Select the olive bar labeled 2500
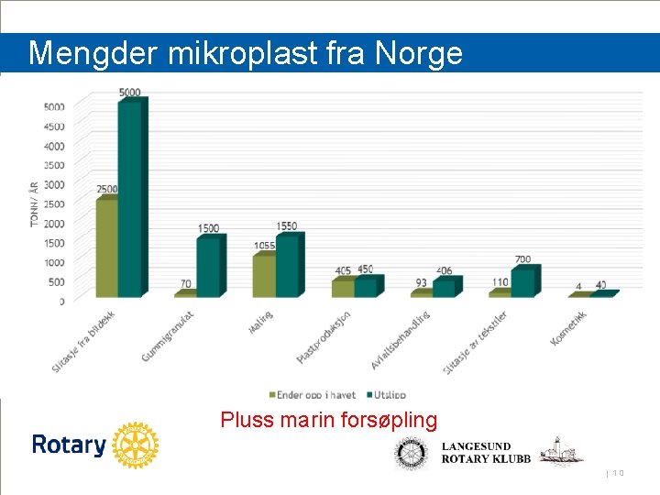(x=106, y=247)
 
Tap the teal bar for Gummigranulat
(x=209, y=266)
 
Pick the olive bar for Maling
(x=263, y=275)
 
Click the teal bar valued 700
(x=523, y=282)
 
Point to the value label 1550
(x=286, y=226)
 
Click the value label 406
(x=445, y=271)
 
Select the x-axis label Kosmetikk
(x=568, y=328)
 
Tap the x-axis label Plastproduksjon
(x=324, y=336)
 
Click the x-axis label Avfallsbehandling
(x=401, y=340)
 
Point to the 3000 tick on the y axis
(x=54, y=185)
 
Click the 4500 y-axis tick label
(x=54, y=126)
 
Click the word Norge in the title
(x=419, y=54)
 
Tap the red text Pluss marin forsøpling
(x=329, y=421)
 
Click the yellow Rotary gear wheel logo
(x=136, y=446)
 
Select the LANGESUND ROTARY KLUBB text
(x=486, y=453)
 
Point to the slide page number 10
(x=618, y=473)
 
